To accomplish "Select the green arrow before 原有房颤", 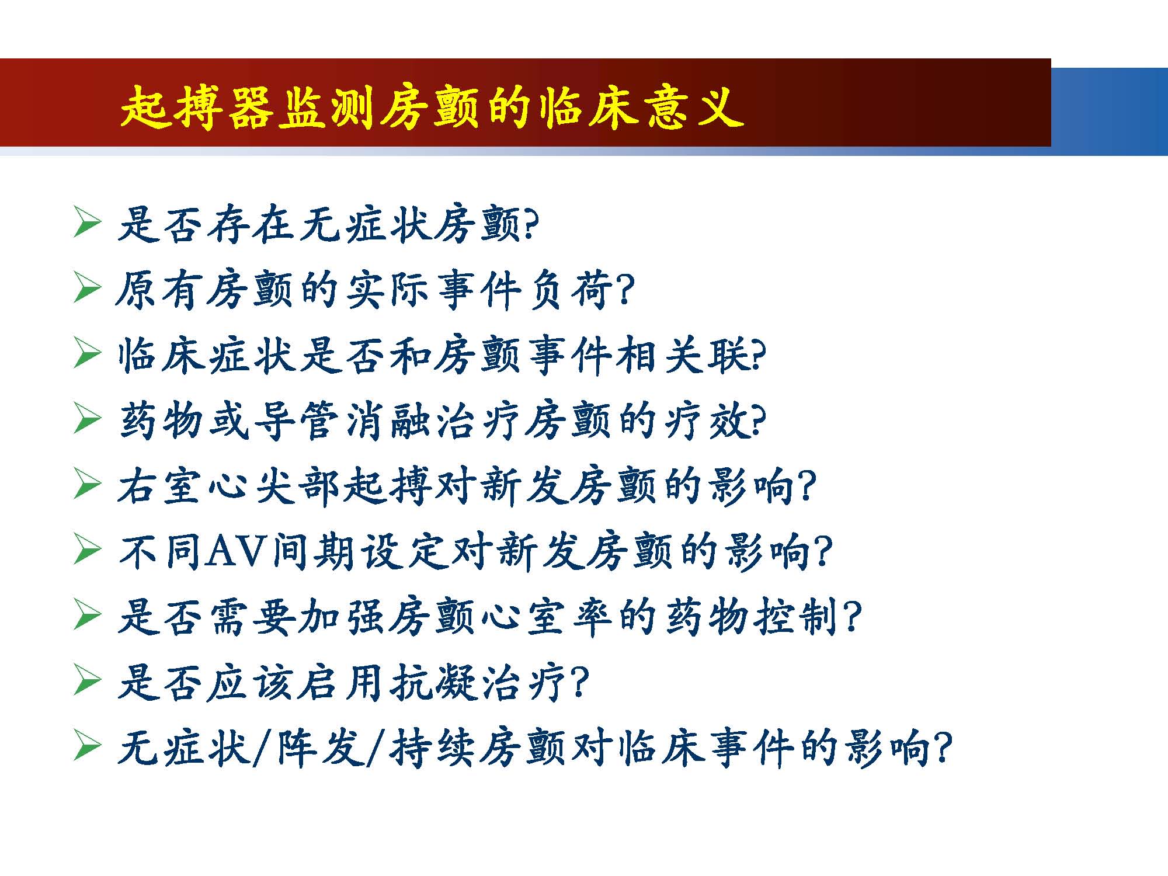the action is click(87, 290).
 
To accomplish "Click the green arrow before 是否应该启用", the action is click(87, 682).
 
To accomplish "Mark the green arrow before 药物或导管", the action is click(87, 420).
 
